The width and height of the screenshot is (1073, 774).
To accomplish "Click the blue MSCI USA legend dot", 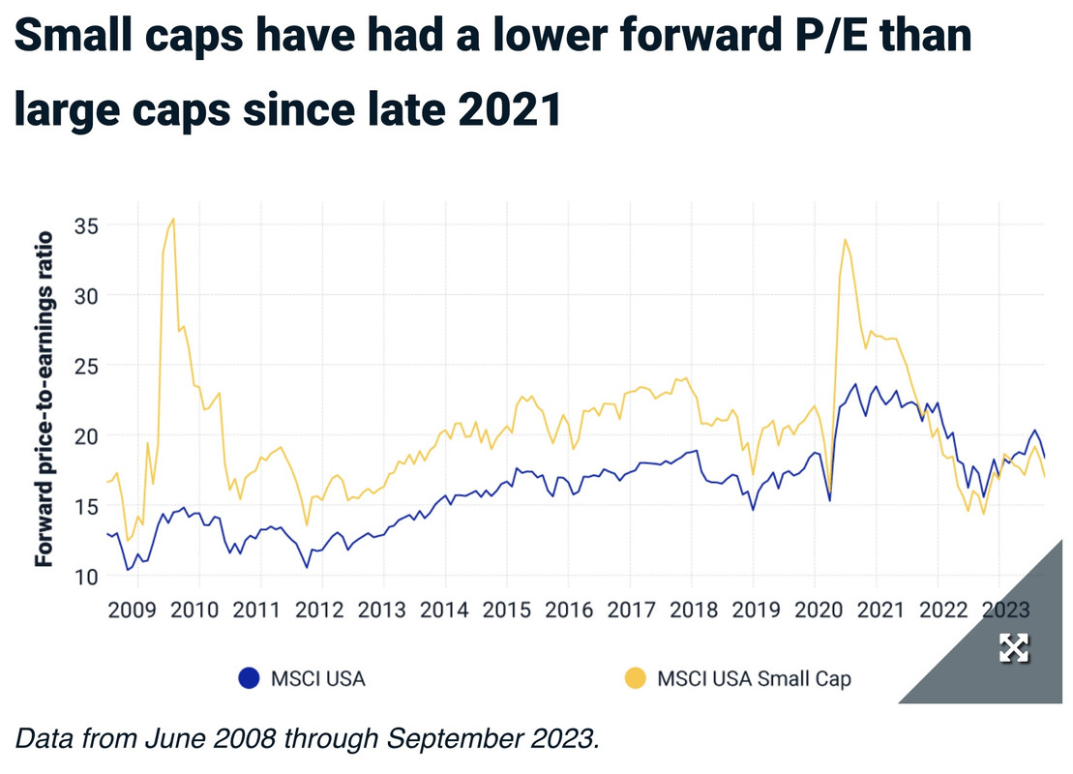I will (x=249, y=678).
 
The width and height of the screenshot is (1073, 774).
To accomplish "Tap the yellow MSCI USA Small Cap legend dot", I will (x=635, y=678).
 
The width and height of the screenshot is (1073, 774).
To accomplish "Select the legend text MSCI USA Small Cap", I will (x=755, y=678).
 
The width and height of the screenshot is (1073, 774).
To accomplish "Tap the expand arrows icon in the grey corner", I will (x=1013, y=648).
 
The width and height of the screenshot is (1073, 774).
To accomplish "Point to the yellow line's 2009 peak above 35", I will (x=172, y=220).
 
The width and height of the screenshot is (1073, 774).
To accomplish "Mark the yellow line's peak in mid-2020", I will (x=846, y=239).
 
